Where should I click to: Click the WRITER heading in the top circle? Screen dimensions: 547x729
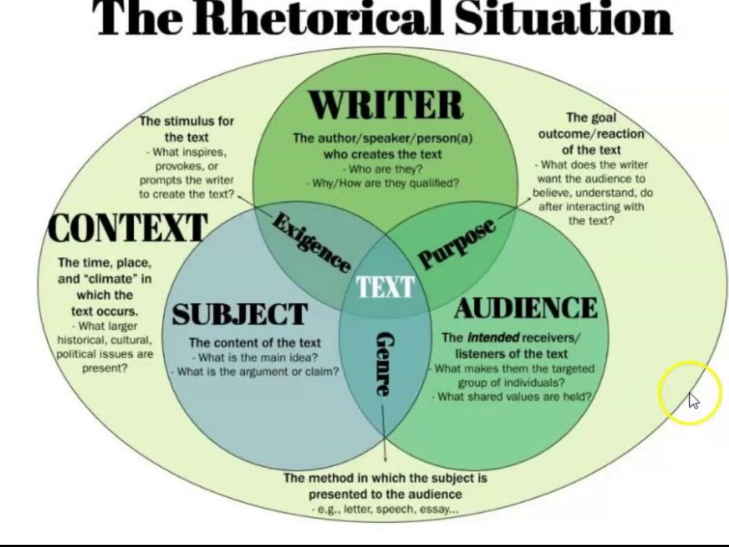tap(386, 107)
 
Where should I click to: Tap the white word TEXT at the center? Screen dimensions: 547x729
tap(385, 286)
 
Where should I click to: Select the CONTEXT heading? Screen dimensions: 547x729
tap(127, 229)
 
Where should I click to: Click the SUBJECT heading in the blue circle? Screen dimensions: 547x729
tap(239, 314)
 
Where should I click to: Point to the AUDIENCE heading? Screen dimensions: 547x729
tap(526, 308)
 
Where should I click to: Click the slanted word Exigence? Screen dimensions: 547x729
tap(311, 243)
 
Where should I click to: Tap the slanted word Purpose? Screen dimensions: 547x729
tap(456, 244)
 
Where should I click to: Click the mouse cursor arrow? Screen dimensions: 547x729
tap(693, 401)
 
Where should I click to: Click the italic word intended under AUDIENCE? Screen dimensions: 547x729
tap(493, 338)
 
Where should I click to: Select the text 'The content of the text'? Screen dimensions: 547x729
tap(255, 343)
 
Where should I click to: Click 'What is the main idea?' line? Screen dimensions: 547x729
tap(255, 358)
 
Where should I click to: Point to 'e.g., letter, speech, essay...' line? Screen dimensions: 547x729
tap(384, 509)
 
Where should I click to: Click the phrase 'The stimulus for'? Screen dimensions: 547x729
tap(187, 121)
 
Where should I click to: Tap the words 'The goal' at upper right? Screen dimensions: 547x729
tap(591, 118)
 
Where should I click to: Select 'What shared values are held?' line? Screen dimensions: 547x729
tap(514, 397)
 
